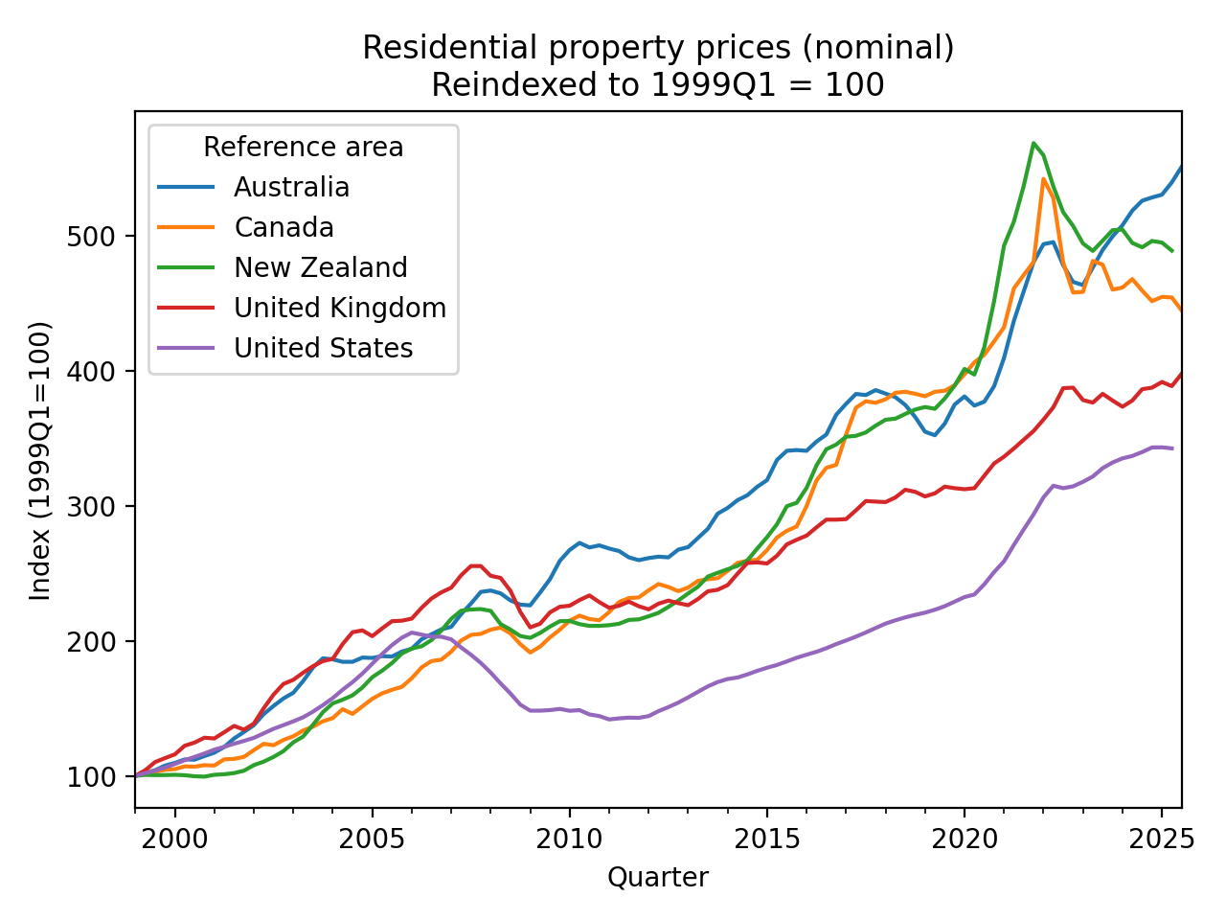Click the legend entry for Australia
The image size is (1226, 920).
291,188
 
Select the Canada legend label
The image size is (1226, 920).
284,228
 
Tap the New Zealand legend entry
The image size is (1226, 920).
320,268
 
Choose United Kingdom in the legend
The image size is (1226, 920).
339,309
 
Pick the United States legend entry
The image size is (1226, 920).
323,349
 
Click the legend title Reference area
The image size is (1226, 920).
303,148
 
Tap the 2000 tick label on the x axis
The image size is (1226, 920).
175,839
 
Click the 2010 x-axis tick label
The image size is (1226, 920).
569,839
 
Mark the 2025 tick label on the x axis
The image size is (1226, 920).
1161,839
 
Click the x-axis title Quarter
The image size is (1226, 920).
658,877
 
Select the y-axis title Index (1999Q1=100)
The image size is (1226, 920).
40,460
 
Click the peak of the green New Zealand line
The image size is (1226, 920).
1033,143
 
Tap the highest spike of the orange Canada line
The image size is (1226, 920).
1043,178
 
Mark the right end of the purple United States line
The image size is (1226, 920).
1172,448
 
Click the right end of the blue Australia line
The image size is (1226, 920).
1181,167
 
